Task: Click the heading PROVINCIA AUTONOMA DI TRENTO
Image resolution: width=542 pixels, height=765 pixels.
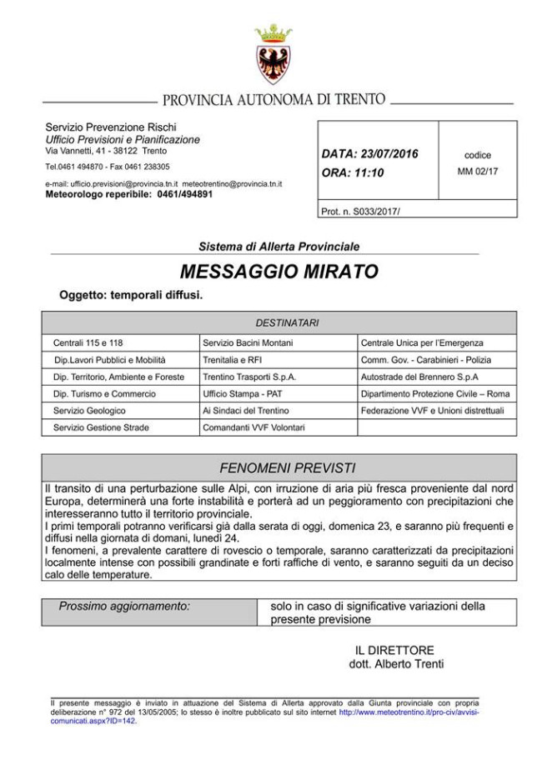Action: coord(274,101)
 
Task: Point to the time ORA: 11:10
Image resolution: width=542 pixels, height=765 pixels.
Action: coord(353,172)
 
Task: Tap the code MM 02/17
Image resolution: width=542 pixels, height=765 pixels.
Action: coord(478,171)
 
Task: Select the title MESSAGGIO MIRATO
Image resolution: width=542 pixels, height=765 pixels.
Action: coord(279,272)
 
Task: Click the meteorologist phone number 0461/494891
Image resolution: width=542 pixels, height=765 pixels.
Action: coord(183,193)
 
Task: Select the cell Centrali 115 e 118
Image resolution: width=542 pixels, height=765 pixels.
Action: coord(88,342)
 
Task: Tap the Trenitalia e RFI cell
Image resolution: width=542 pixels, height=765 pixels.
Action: coord(232,360)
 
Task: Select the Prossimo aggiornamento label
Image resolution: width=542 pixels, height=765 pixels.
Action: coord(124,607)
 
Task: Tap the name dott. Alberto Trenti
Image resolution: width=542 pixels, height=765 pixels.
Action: coord(396,664)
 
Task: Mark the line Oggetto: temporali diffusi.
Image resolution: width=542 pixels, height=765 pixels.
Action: coord(131,295)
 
